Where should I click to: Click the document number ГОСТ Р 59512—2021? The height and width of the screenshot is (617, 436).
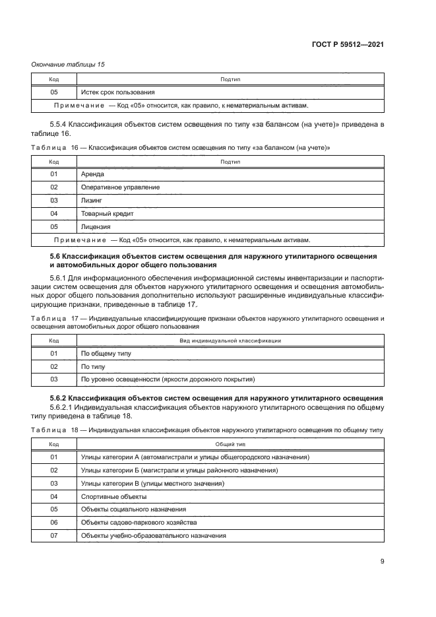click(347, 44)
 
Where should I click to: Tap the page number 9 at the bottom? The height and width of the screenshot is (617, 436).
click(382, 562)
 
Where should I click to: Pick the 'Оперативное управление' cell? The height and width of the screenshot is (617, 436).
click(119, 187)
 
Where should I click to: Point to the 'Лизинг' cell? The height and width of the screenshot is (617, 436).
click(92, 201)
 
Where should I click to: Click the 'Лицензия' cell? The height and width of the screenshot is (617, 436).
click(96, 227)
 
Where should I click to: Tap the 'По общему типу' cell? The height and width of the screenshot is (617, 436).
click(106, 354)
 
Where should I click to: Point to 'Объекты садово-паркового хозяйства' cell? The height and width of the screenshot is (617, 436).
click(139, 523)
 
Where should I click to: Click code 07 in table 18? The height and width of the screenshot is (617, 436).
click(54, 536)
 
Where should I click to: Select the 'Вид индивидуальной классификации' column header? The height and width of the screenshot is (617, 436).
click(230, 341)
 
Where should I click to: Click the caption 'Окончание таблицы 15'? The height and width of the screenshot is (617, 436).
click(68, 64)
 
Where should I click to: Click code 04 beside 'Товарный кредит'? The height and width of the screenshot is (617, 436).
click(54, 214)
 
